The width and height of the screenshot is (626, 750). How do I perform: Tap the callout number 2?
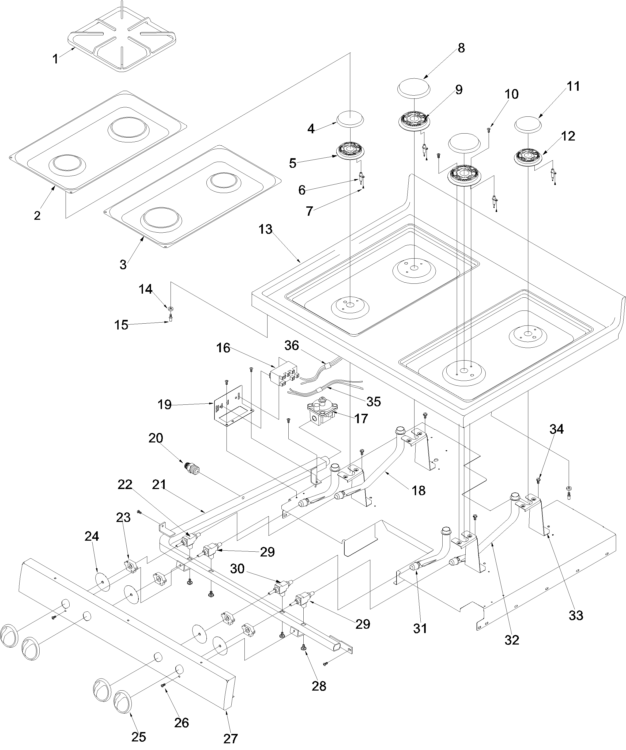37,215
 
